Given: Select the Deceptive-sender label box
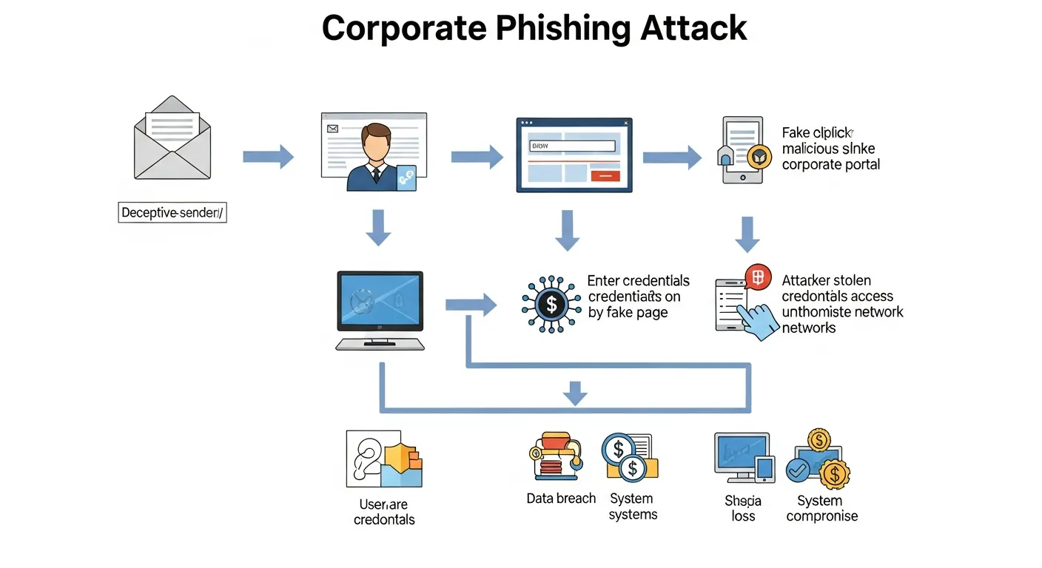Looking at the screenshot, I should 172,213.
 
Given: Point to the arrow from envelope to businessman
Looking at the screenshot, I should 268,156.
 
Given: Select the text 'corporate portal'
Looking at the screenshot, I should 830,165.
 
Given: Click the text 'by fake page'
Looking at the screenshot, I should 628,313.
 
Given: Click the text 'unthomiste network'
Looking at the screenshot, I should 842,312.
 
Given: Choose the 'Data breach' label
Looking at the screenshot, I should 561,498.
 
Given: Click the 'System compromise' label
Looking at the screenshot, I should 821,509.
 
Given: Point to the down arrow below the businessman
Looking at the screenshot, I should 379,227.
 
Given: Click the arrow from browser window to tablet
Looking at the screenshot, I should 671,157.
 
